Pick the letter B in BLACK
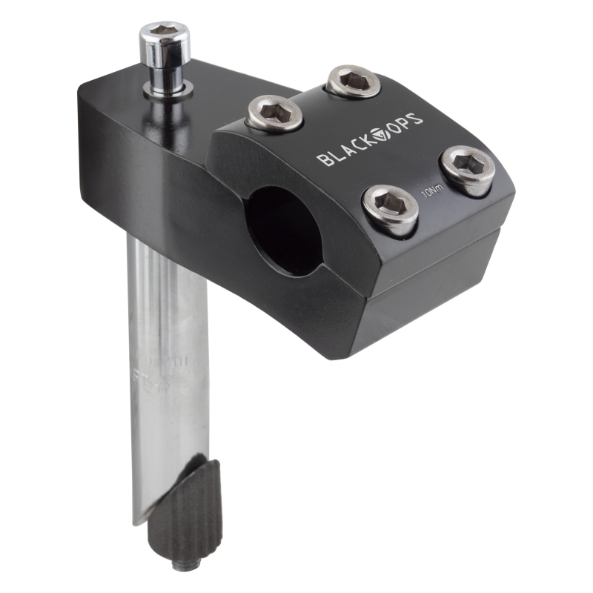click(323, 159)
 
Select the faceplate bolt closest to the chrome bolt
click(275, 112)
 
